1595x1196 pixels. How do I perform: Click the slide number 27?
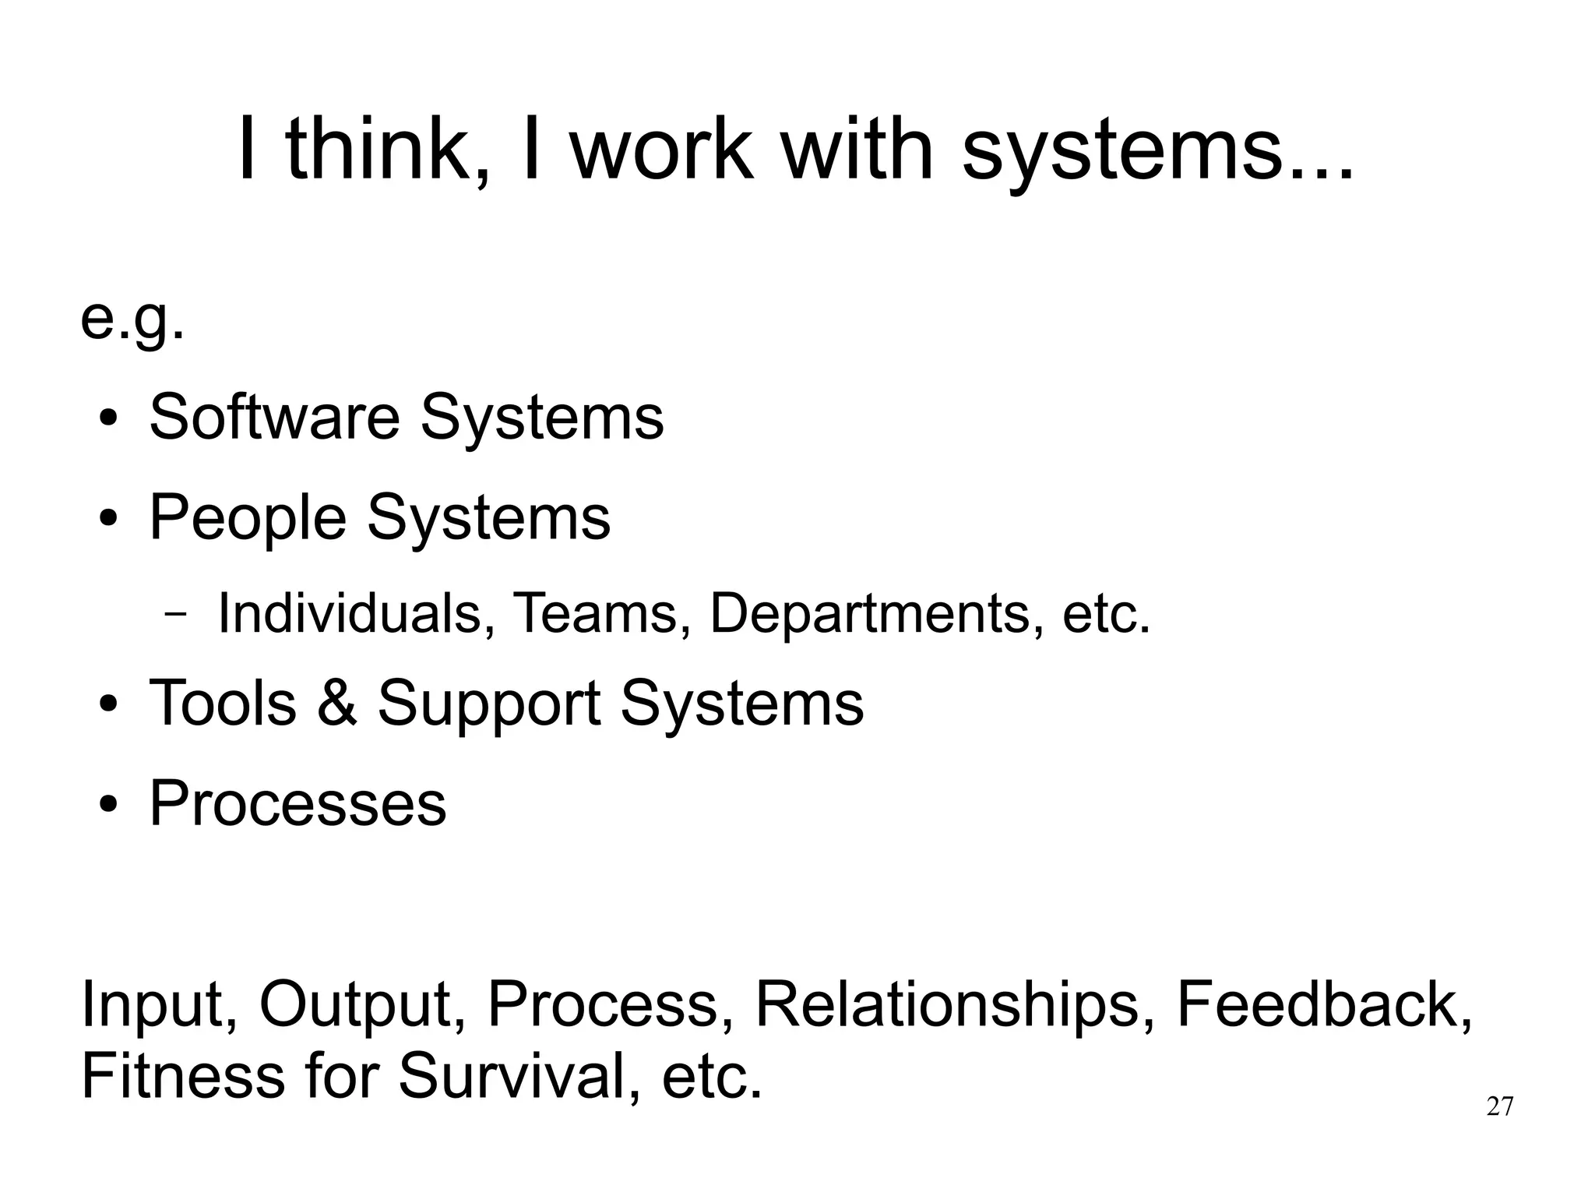(1500, 1106)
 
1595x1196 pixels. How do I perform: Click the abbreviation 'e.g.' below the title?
(132, 319)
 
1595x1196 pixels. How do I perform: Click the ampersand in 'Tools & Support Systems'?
(337, 703)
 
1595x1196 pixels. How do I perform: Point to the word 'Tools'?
(223, 703)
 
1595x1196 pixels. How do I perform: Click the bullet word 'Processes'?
(298, 803)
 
